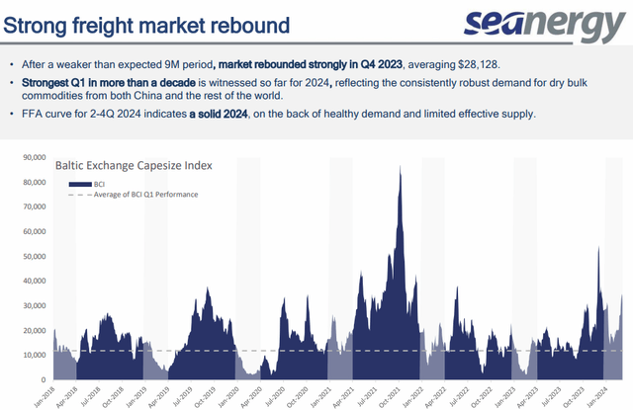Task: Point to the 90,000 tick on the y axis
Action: coord(34,157)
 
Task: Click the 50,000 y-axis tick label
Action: coord(34,256)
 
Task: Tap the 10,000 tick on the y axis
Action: coord(34,355)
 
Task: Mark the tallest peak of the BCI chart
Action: coord(400,168)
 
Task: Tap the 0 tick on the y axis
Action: coord(43,379)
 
